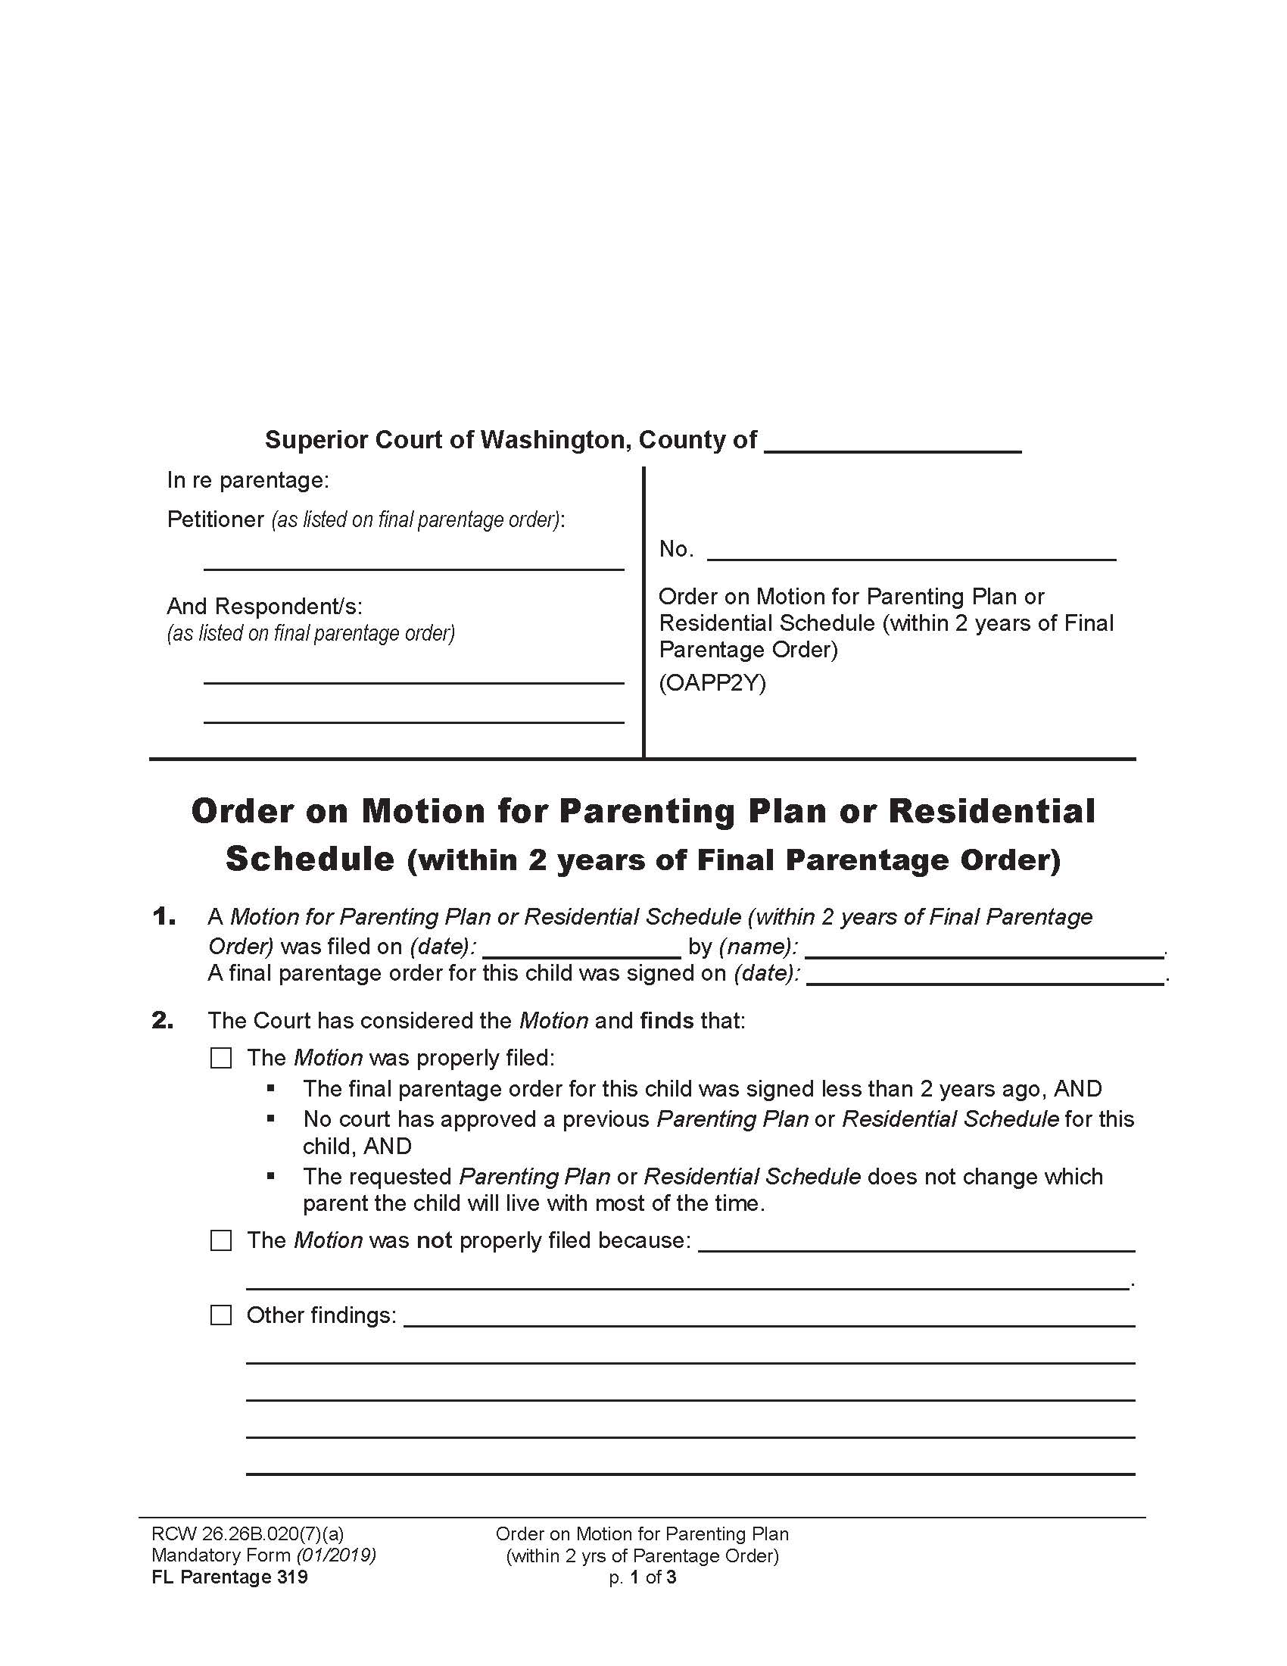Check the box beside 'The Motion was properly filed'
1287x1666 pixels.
(221, 1058)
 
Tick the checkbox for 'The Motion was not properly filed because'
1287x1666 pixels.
(221, 1241)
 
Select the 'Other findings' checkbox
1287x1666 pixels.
(221, 1316)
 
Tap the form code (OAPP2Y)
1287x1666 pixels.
(712, 683)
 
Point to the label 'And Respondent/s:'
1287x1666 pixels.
(264, 607)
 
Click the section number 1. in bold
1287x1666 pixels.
(164, 917)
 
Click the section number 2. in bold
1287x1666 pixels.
(164, 1021)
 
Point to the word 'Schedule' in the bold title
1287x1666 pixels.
(310, 860)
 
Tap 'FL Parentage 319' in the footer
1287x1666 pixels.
(229, 1577)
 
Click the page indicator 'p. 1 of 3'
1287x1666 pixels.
(642, 1577)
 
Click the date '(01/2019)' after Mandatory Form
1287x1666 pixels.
(336, 1555)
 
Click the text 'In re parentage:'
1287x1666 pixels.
(248, 481)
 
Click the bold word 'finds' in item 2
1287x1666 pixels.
(667, 1021)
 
